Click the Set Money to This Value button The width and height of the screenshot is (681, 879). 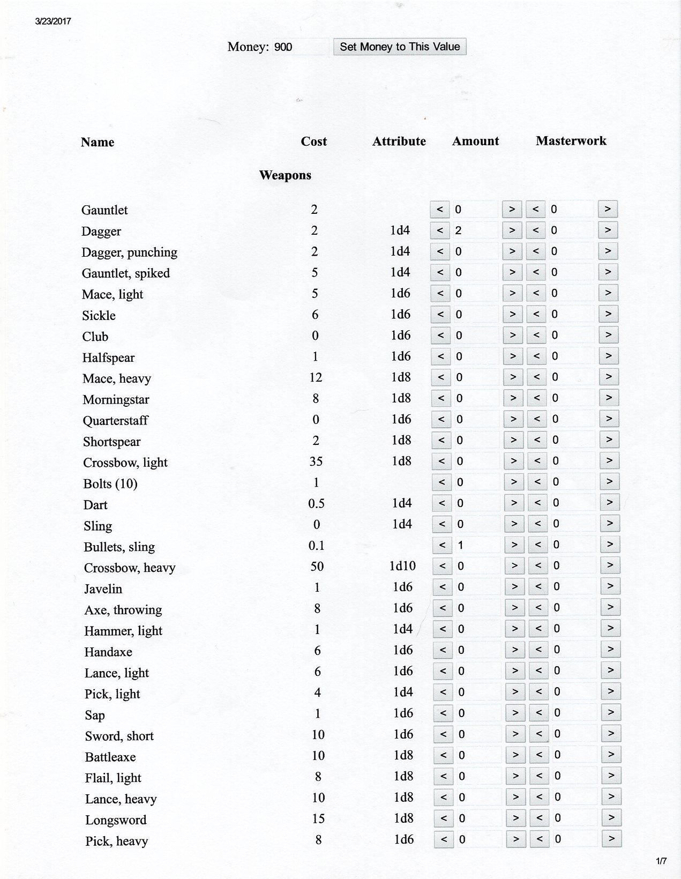(x=400, y=47)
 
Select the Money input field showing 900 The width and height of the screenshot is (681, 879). (x=300, y=47)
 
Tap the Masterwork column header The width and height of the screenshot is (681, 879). (x=571, y=141)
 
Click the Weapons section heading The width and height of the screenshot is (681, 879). (x=285, y=175)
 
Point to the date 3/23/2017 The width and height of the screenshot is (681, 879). (x=53, y=21)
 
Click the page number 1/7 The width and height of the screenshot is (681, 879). (x=661, y=861)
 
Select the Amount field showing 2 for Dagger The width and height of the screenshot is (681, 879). (x=475, y=230)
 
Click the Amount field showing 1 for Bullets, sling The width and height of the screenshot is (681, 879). (x=477, y=545)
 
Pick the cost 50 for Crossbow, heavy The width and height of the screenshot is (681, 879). (x=317, y=567)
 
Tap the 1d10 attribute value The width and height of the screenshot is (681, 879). (x=402, y=566)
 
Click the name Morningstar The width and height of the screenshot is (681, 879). (x=116, y=400)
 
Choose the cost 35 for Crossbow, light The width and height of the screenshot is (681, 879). (x=316, y=461)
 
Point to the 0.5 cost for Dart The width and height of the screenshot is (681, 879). (x=316, y=503)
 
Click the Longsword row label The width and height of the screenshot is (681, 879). (x=116, y=820)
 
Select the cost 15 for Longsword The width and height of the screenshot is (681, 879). (x=318, y=818)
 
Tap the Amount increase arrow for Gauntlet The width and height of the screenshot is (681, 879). (x=512, y=209)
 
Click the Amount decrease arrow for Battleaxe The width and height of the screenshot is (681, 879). (x=443, y=755)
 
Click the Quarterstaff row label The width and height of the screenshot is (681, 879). (x=115, y=421)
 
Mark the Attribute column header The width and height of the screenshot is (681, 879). (x=399, y=141)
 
